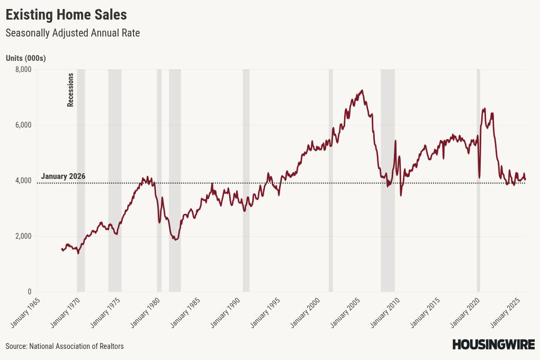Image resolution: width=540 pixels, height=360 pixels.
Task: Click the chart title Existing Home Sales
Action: coord(66,14)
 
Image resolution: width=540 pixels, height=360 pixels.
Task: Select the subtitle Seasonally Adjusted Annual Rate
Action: coord(73,33)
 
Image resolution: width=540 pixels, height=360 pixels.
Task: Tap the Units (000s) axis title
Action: coord(25,58)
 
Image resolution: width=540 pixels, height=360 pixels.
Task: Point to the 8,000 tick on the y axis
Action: coord(23,69)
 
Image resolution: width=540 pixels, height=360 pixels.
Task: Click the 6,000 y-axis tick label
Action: coord(23,125)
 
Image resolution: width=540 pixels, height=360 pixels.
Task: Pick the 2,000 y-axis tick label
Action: coord(23,236)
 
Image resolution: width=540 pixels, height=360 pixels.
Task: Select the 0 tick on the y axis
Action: coord(29,292)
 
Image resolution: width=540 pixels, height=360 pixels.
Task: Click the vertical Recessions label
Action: coord(70,90)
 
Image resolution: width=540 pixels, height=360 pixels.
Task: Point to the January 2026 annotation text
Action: coord(63,176)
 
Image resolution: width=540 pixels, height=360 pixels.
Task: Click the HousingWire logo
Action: coord(493,345)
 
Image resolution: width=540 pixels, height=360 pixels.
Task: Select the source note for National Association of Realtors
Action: coord(65,346)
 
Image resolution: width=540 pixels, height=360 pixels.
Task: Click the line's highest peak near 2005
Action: coord(362,91)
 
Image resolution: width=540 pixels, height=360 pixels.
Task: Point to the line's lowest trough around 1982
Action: coord(175,240)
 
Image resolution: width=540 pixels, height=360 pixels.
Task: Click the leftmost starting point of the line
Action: coord(62,249)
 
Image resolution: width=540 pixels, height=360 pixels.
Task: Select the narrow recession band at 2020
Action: coord(478,180)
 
